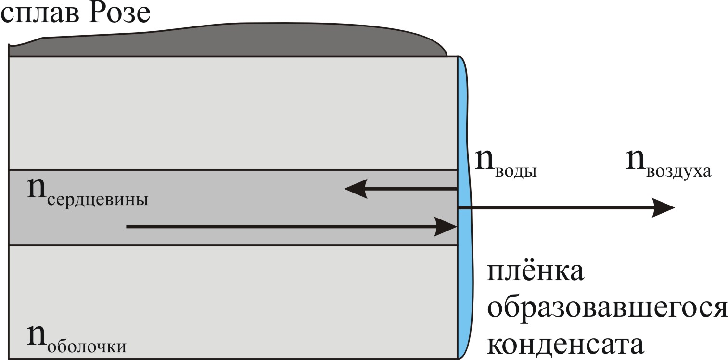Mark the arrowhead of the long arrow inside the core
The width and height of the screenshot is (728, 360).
point(445,226)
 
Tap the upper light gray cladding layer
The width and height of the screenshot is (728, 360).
point(231,113)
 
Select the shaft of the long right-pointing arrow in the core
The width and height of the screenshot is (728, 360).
point(279,226)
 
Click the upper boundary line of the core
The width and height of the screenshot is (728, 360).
point(231,170)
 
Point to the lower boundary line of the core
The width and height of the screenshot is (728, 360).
point(231,246)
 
